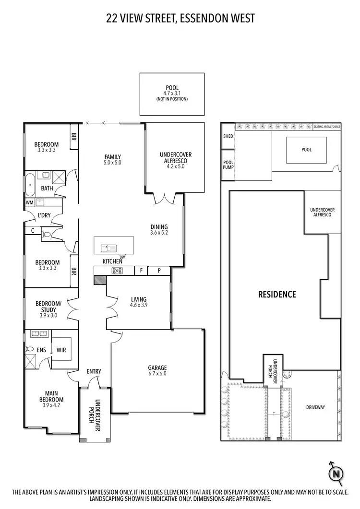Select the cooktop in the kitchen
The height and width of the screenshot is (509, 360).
pyautogui.click(x=117, y=271)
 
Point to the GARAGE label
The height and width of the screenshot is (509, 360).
pyautogui.click(x=157, y=368)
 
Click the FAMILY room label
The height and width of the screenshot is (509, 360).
pyautogui.click(x=113, y=157)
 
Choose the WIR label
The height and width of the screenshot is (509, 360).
pyautogui.click(x=61, y=350)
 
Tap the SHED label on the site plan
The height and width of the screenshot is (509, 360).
pyautogui.click(x=228, y=136)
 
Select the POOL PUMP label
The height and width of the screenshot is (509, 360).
pyautogui.click(x=228, y=165)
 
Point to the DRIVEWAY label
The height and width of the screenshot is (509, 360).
pyautogui.click(x=315, y=407)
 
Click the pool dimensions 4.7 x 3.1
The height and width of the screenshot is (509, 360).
pyautogui.click(x=171, y=93)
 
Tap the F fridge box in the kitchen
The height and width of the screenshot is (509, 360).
pyautogui.click(x=141, y=271)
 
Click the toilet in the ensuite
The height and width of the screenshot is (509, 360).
pyautogui.click(x=30, y=349)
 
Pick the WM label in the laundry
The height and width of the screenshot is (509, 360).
pyautogui.click(x=29, y=202)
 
